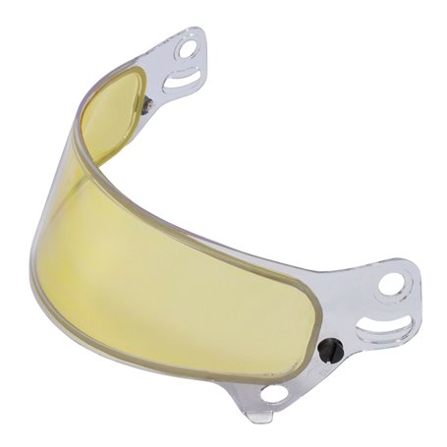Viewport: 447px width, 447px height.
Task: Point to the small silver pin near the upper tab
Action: point(146,105)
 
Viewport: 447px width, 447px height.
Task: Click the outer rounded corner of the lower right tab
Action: point(413,285)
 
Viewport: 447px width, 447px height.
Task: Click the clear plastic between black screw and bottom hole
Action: point(301,373)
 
